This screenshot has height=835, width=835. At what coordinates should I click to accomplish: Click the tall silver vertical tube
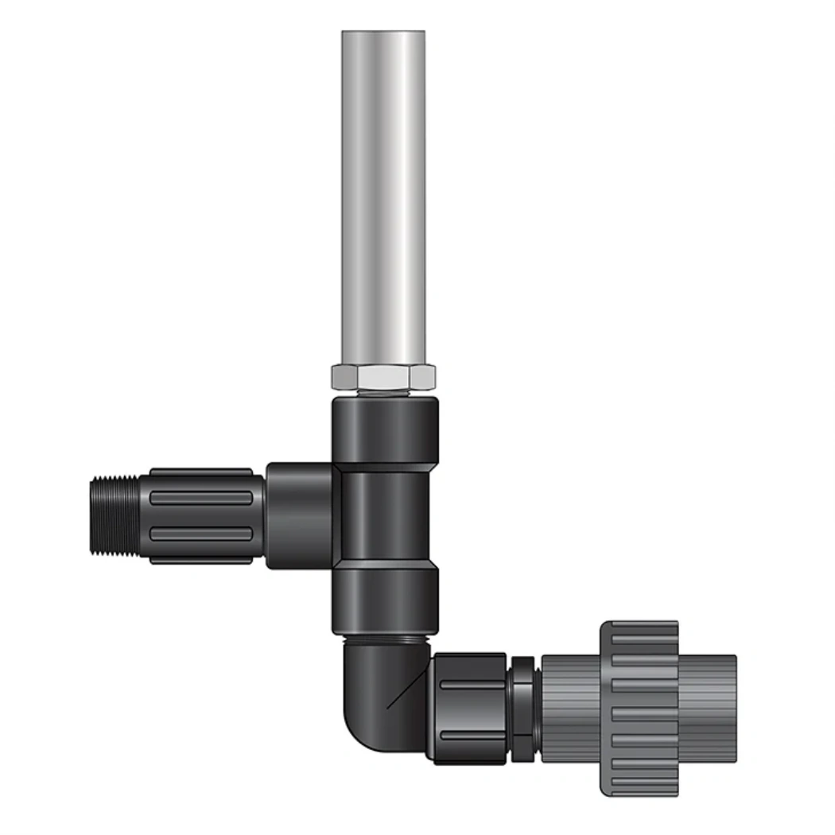click(x=383, y=199)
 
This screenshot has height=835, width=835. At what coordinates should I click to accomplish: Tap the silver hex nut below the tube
click(x=383, y=378)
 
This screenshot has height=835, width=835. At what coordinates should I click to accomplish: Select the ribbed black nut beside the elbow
click(x=469, y=708)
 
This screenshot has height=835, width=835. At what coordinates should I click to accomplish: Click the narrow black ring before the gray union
click(x=522, y=708)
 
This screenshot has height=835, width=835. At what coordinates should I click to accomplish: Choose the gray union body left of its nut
click(x=569, y=708)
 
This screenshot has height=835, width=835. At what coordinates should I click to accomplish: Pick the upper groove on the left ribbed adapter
click(x=203, y=498)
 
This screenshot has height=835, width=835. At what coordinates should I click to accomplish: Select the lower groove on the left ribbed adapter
click(x=203, y=534)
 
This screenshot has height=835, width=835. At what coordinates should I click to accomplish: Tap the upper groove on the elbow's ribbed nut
click(x=471, y=685)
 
